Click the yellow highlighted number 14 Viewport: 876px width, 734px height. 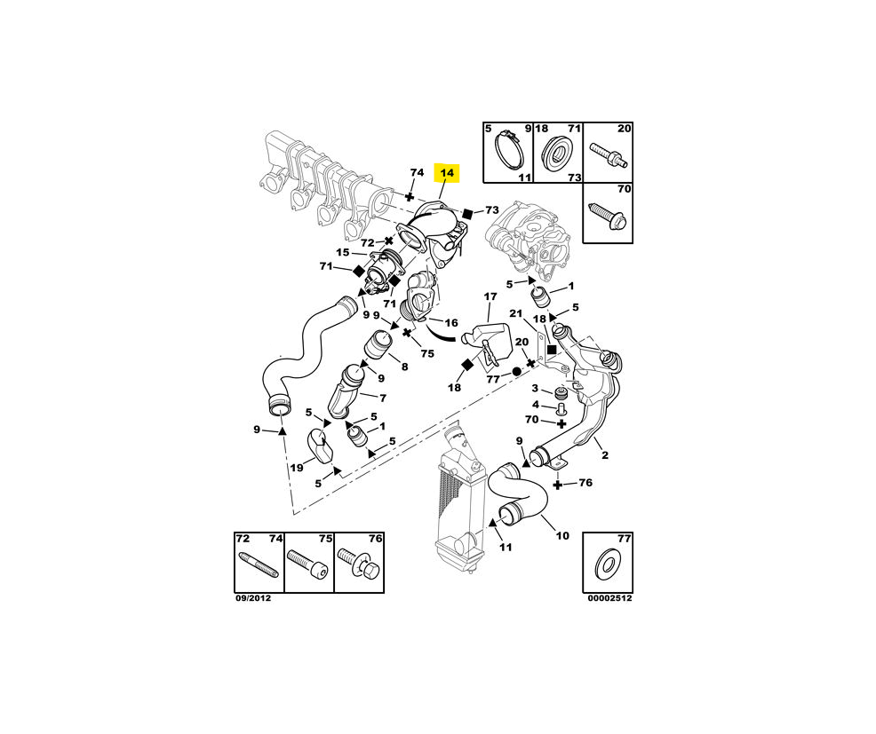446,172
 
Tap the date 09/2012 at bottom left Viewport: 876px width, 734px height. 252,598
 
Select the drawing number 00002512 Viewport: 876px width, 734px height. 609,598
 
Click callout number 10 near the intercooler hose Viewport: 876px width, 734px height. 562,535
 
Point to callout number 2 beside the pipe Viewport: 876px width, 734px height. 605,456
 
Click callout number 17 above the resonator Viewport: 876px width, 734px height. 490,296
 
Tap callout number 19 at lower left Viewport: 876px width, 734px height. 297,468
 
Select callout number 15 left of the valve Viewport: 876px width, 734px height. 343,253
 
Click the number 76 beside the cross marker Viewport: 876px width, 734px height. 585,484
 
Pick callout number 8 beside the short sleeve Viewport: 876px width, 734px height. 404,366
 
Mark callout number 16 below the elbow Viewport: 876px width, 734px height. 451,324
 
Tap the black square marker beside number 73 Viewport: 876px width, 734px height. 467,213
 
